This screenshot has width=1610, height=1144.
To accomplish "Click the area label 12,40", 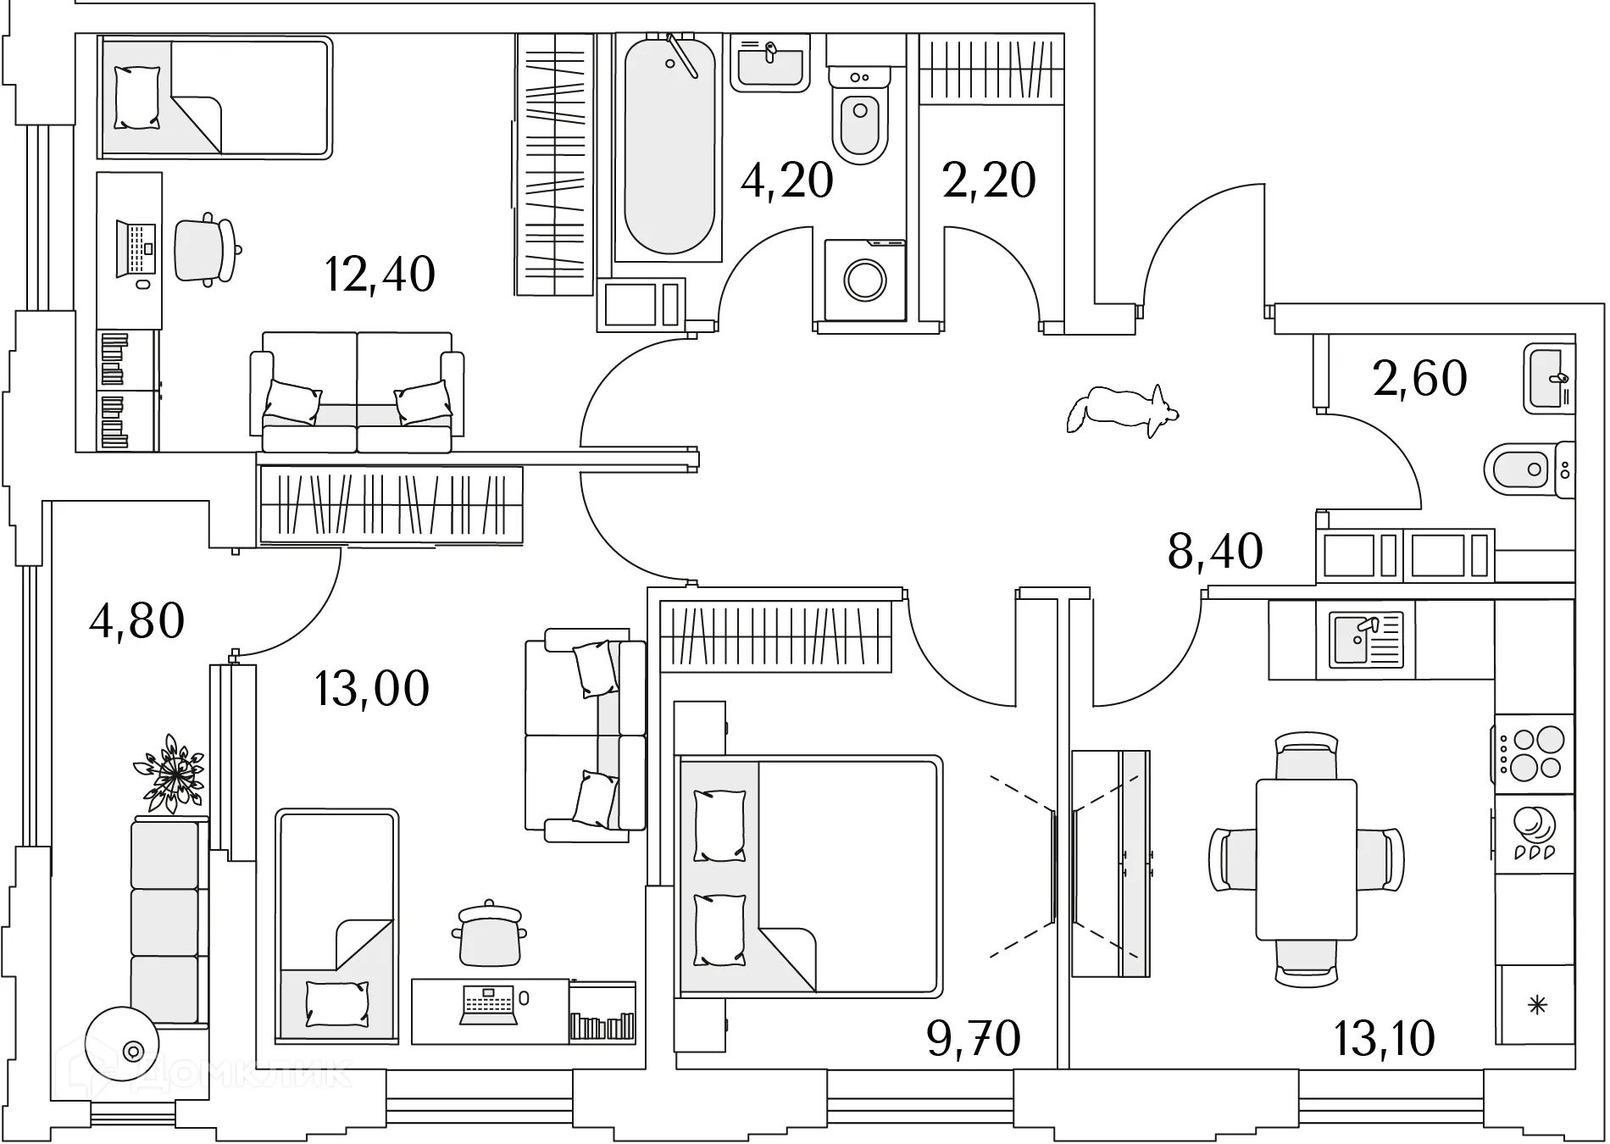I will [x=380, y=274].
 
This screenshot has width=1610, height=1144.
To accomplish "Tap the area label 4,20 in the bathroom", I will [x=786, y=180].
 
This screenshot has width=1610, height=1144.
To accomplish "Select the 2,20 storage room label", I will [x=989, y=180].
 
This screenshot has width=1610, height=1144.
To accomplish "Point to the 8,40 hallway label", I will [x=1215, y=551].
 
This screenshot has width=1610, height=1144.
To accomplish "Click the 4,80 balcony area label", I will [x=136, y=620].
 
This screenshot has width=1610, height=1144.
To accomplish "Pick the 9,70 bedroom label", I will [x=974, y=1038].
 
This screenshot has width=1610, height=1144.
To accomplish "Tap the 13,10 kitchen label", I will [x=1385, y=1038].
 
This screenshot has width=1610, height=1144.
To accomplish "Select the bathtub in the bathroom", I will [x=668, y=144].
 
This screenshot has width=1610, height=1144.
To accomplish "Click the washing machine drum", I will [x=865, y=280].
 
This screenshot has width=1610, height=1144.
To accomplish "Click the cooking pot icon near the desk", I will [x=489, y=934].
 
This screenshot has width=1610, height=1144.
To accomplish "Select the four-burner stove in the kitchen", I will [x=1535, y=752].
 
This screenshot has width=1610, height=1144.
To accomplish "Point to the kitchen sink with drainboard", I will [x=1365, y=640].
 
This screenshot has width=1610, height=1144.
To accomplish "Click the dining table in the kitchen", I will [x=1306, y=859].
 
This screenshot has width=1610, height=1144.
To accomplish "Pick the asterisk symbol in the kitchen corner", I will [x=1537, y=1006].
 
